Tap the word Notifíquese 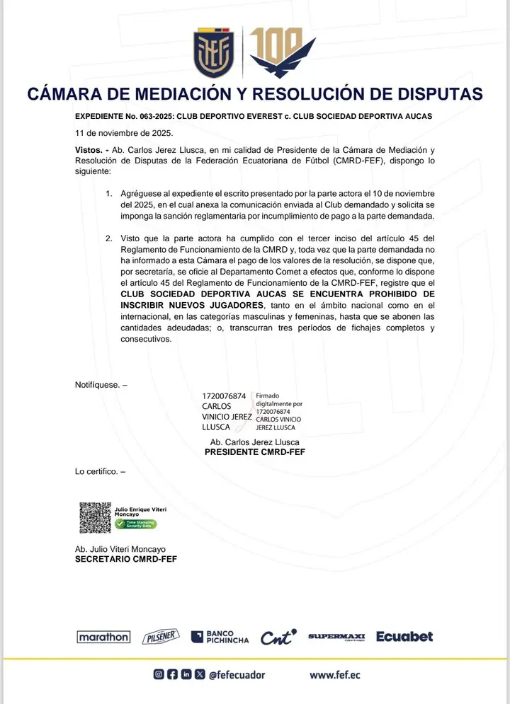(98, 385)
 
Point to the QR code (95, 517)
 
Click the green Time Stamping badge (136, 524)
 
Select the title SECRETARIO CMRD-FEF (126, 559)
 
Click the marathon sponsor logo (103, 637)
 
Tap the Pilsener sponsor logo (161, 637)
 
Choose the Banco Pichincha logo (220, 637)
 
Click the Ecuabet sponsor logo (404, 637)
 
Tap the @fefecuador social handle (237, 675)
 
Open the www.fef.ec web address (335, 675)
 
